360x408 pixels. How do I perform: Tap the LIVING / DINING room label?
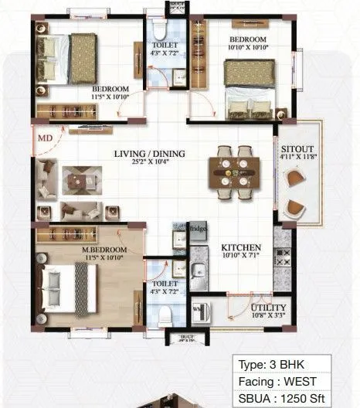[150, 154]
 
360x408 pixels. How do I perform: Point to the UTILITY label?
[266, 308]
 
